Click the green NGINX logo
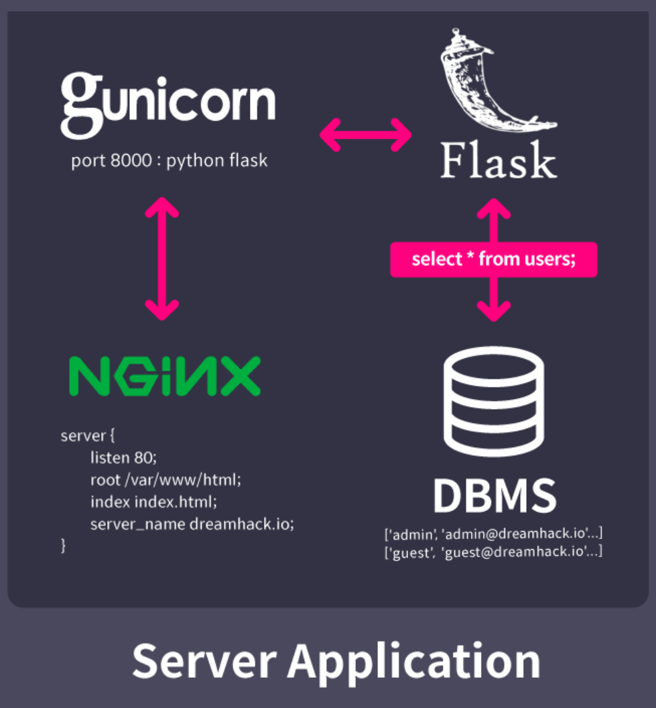pyautogui.click(x=165, y=375)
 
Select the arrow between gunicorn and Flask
pyautogui.click(x=365, y=135)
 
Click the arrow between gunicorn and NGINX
pyautogui.click(x=162, y=259)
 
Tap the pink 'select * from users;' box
pyautogui.click(x=493, y=259)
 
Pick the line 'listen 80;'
pyautogui.click(x=123, y=458)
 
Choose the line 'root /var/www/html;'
pyautogui.click(x=165, y=479)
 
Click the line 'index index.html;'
pyautogui.click(x=154, y=501)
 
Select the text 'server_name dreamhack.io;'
pyautogui.click(x=192, y=524)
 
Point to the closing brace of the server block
pyautogui.click(x=64, y=545)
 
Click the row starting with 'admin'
pyautogui.click(x=494, y=534)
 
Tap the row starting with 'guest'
pyautogui.click(x=494, y=552)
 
